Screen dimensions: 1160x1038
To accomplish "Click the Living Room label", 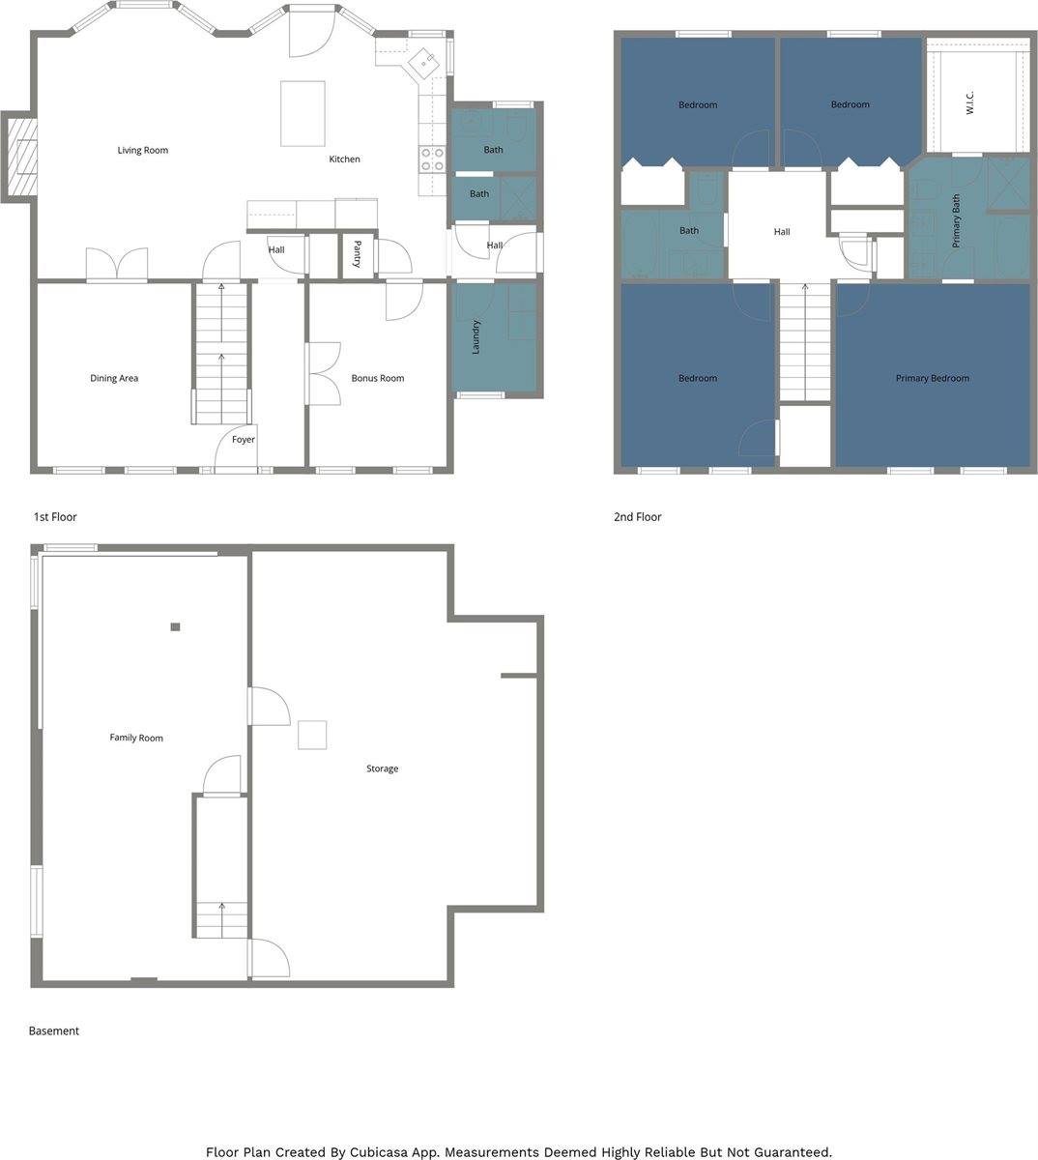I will coord(143,151).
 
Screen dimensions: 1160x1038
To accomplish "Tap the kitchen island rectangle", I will coord(303,113).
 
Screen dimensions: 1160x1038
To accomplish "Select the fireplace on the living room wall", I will coord(20,157).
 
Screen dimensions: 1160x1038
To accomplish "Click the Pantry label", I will coord(358,254).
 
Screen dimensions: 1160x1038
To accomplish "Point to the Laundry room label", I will coord(476,337).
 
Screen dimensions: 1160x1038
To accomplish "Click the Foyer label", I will coord(244,440).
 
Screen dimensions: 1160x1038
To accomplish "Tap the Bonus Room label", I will coord(378,379).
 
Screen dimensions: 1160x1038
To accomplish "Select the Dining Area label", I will coord(114,379).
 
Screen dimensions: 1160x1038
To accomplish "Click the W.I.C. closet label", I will coord(970,103).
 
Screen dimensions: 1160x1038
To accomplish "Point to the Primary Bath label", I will coord(957,222).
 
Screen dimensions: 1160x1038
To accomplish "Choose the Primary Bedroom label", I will coord(932,379).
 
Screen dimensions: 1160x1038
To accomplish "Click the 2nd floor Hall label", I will coord(782,232).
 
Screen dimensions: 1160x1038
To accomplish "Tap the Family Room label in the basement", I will coord(136,739).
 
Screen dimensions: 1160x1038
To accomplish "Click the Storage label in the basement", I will coord(382,769).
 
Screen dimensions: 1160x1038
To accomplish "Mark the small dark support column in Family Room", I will coord(175,627).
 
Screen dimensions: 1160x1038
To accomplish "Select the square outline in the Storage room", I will coord(312,736).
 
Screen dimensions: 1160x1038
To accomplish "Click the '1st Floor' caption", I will coord(55,517).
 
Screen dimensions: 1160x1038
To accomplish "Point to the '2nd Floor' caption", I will coord(637,517).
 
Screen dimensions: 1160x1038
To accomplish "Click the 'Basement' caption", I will coord(54,1031).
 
